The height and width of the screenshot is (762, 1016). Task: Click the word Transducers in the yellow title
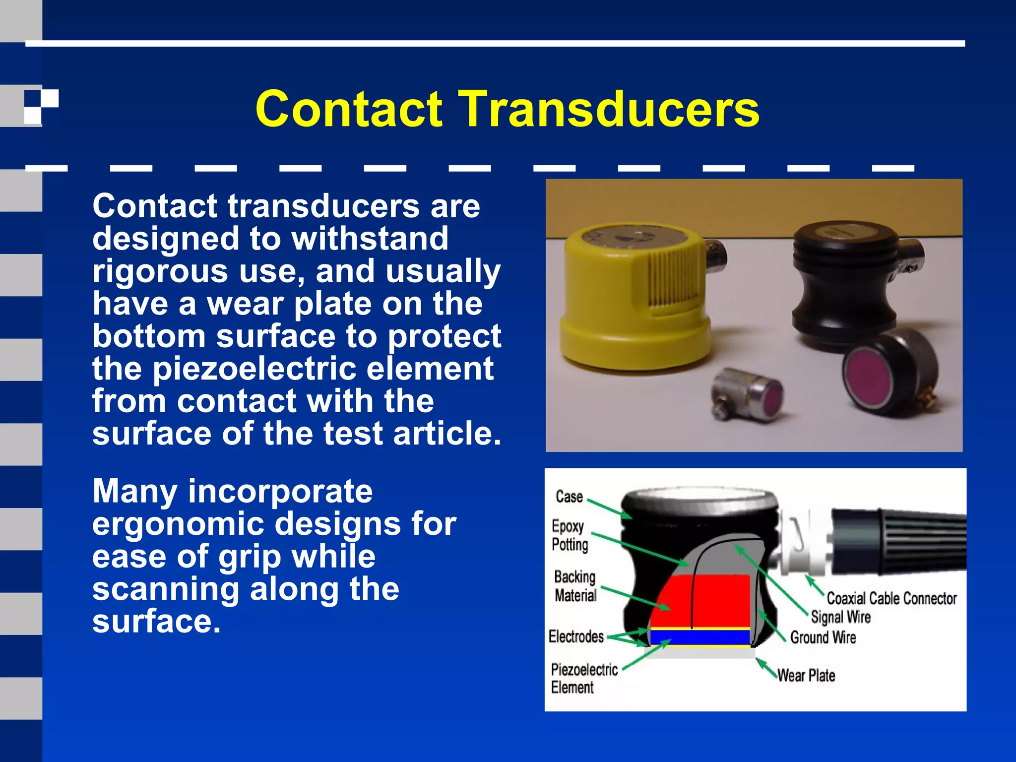pyautogui.click(x=611, y=109)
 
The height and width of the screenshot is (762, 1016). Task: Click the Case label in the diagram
pyautogui.click(x=569, y=497)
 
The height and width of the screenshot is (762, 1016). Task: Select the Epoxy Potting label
pyautogui.click(x=570, y=535)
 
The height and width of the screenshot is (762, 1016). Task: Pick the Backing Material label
pyautogui.click(x=575, y=586)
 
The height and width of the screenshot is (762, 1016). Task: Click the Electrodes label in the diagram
pyautogui.click(x=576, y=636)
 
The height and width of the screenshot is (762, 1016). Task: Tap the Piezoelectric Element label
pyautogui.click(x=584, y=678)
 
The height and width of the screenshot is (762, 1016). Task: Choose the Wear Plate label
pyautogui.click(x=806, y=676)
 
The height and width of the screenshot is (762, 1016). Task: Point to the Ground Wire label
pyautogui.click(x=823, y=637)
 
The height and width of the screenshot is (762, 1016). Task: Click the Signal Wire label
pyautogui.click(x=840, y=617)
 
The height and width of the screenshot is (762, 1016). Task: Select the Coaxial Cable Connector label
pyautogui.click(x=891, y=599)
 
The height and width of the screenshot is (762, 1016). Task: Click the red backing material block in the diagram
pyautogui.click(x=719, y=600)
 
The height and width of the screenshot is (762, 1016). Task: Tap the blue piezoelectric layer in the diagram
pyautogui.click(x=699, y=637)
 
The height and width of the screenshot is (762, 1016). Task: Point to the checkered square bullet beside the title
pyautogui.click(x=41, y=106)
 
